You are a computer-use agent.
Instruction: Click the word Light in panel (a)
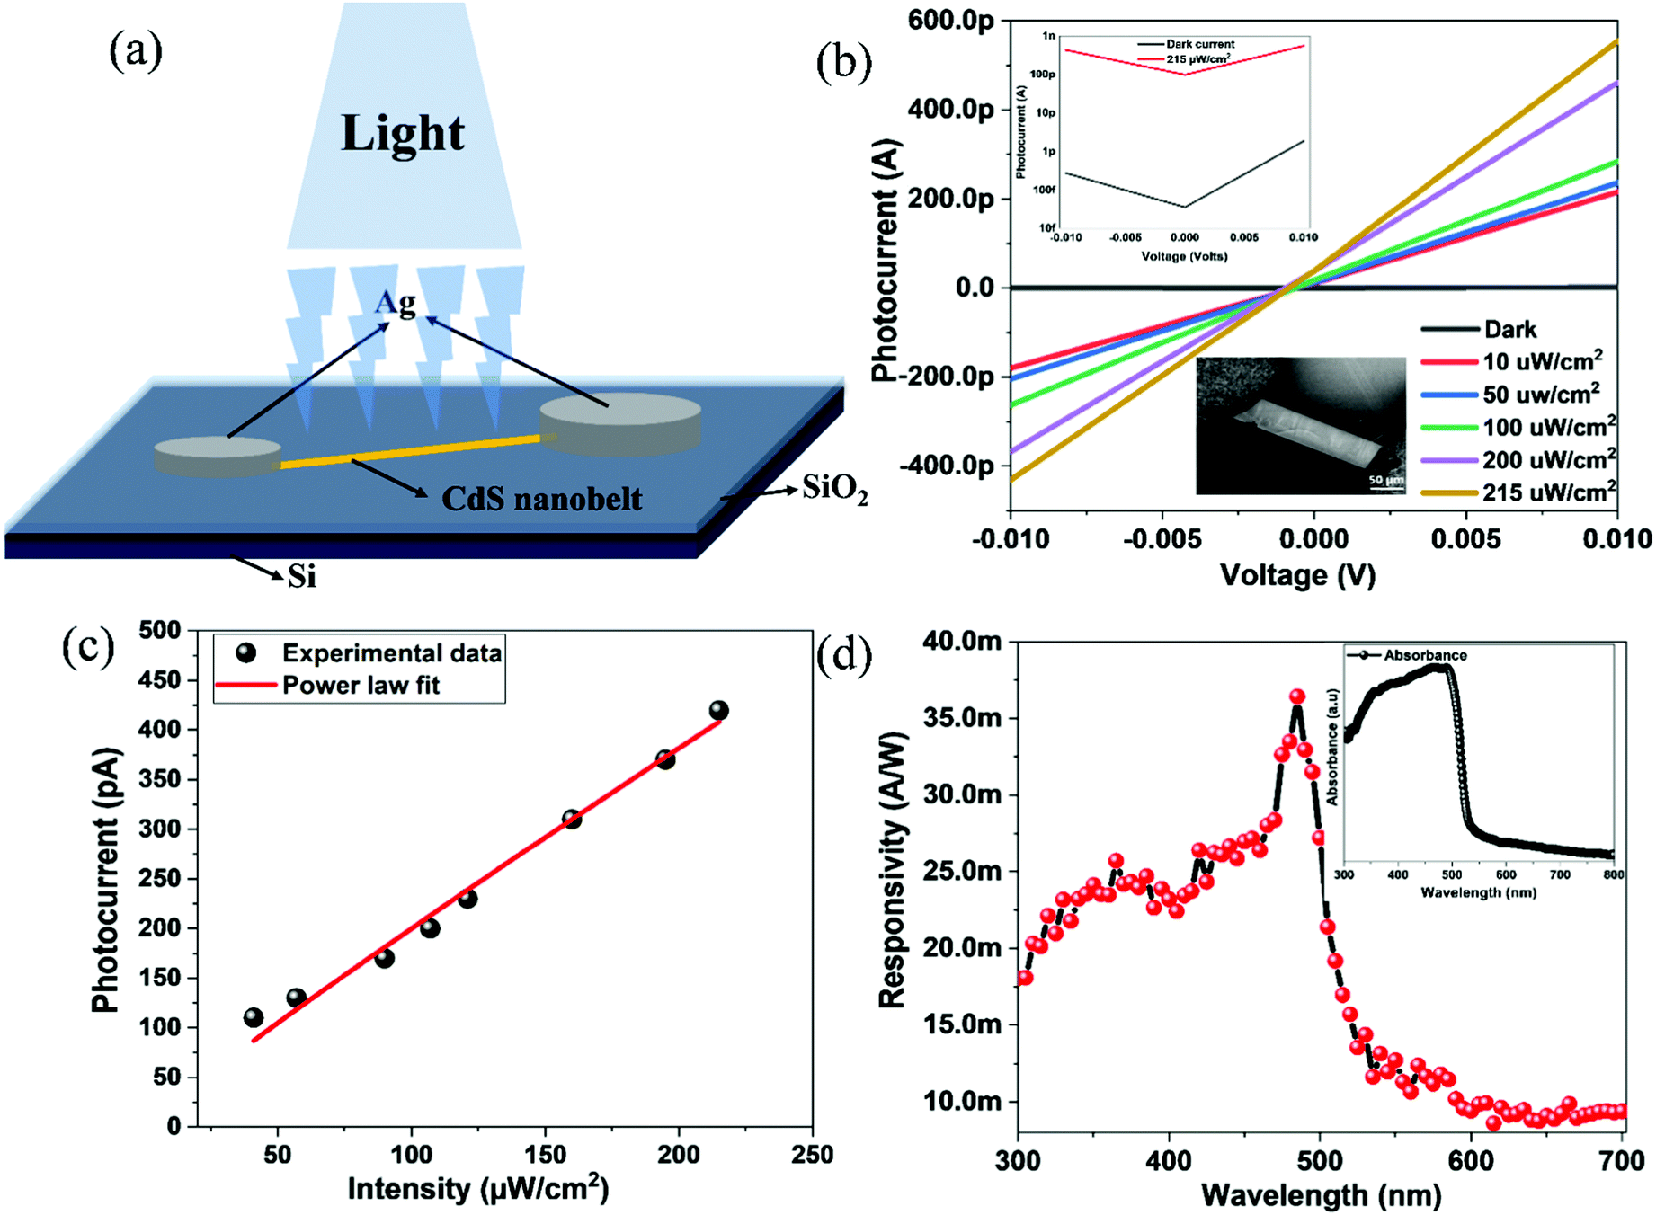pos(403,134)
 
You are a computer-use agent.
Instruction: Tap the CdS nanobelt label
pos(541,499)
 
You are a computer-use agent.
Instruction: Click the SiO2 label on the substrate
pos(834,490)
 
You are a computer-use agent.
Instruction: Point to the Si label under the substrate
pos(302,576)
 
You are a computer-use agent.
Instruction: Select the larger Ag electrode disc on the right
pos(620,421)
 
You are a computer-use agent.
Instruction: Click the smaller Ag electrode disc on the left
pos(217,455)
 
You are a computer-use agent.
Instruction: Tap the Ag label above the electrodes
pos(396,303)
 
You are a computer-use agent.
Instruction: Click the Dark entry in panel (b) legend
pos(1510,330)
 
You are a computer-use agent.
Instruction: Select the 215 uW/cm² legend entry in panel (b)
pos(1548,492)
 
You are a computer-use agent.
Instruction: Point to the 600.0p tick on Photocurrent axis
pos(951,20)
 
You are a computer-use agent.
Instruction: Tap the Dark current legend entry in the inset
pos(1200,44)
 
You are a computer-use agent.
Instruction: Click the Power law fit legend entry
pos(361,686)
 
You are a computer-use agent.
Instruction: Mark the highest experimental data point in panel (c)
pos(718,711)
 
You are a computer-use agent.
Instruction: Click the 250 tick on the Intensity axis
pos(812,1155)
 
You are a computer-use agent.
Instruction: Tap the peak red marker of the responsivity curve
pos(1296,696)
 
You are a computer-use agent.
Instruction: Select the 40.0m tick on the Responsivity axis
pos(962,641)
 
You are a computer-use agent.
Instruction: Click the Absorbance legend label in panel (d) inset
pos(1425,655)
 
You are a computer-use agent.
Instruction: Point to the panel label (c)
pos(87,647)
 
